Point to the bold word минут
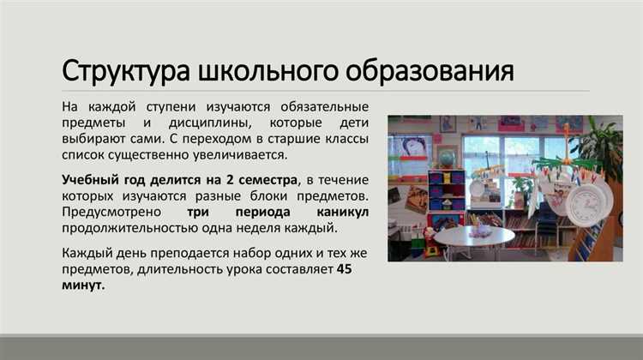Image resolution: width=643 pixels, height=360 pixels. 83,285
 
